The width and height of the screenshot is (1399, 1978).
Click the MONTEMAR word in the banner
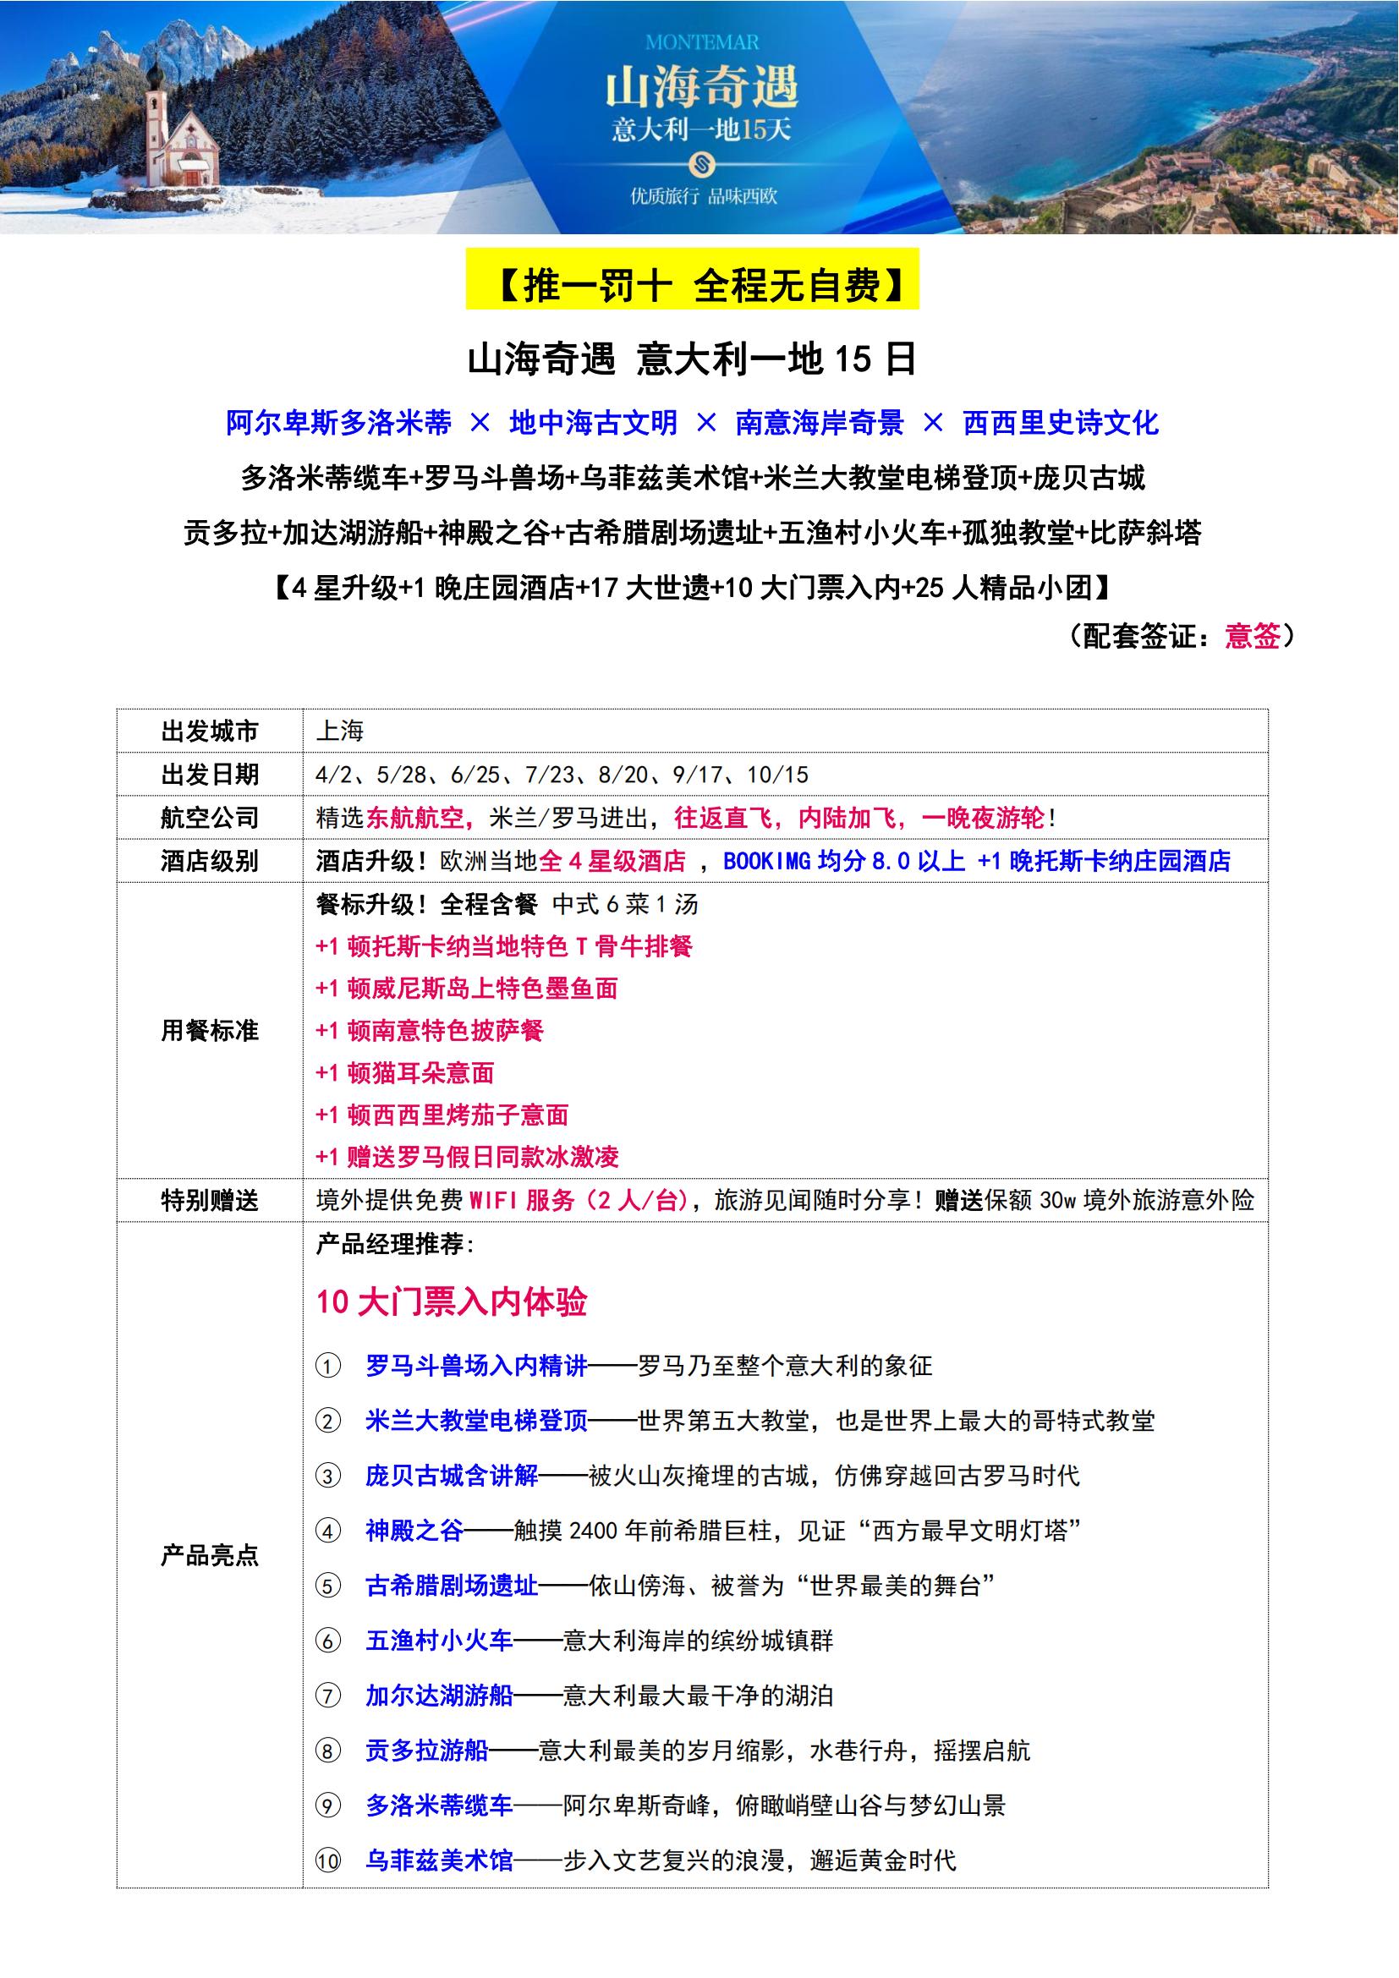tap(701, 42)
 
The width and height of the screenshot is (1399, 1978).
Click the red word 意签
tap(1253, 636)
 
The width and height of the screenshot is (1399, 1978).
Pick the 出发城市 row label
tap(209, 731)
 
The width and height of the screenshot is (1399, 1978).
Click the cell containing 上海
tap(340, 731)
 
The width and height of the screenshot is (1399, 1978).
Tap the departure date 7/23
tap(551, 775)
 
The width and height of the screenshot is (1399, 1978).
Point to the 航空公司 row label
tap(209, 818)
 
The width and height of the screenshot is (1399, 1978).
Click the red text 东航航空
tap(415, 818)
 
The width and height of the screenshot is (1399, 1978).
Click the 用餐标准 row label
tap(209, 1030)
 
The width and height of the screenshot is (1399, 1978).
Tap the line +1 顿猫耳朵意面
tap(405, 1072)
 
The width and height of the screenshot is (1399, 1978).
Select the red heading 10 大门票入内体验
tap(452, 1301)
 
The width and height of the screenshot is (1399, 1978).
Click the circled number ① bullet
tap(328, 1367)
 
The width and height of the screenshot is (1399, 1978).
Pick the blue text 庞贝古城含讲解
tap(452, 1477)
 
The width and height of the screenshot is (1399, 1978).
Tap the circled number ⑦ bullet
tap(328, 1696)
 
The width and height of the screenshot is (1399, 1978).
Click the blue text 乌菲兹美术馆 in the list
tap(439, 1860)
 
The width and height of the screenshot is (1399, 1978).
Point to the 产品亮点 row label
tap(209, 1556)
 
